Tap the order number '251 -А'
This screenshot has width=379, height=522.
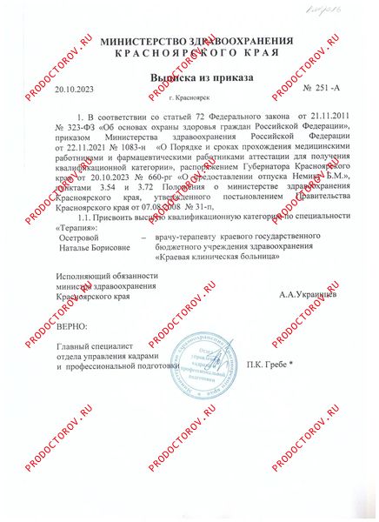coord(321,90)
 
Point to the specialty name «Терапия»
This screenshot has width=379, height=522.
coord(76,225)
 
